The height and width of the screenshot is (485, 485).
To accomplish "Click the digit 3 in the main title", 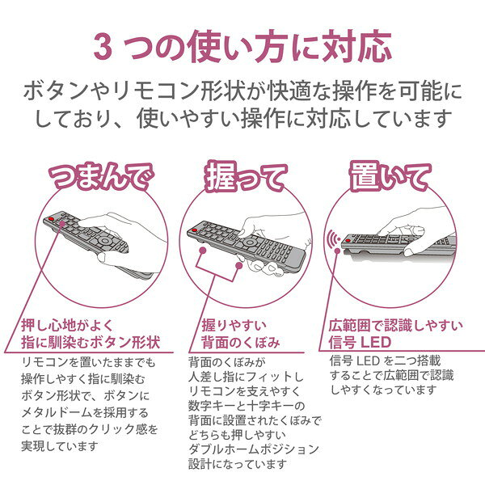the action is pos(103,48).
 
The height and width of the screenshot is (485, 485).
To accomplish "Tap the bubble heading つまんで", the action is pos(101,176).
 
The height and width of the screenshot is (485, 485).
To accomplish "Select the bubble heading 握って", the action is pos(246,177).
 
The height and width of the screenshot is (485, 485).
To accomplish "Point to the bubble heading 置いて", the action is pos(390,177).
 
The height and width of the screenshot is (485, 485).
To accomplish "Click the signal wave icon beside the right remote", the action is pos(333,239).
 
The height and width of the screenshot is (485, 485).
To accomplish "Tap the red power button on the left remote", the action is pos(51,219).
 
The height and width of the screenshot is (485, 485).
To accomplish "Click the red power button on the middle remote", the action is pos(194,230).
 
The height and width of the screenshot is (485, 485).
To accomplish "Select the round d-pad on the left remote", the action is pos(105,241).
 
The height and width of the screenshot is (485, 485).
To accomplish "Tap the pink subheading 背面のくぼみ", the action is pos(241,343).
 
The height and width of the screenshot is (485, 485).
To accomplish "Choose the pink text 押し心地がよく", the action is pos(67,325).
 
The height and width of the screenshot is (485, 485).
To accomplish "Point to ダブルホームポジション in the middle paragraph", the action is pos(254,449).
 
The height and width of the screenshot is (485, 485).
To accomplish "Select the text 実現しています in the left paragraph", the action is pos(60,445).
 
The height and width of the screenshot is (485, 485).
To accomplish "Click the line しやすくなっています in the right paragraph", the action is pos(383,390).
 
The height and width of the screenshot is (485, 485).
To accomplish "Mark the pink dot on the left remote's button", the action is pos(62,224).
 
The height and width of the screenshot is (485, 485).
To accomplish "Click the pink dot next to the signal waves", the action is pos(337,251).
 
